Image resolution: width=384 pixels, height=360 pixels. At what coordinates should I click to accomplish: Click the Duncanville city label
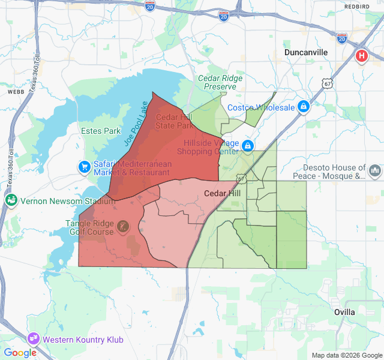pyautogui.click(x=306, y=52)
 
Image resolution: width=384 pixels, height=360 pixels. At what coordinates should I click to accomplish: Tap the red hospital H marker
pyautogui.click(x=362, y=56)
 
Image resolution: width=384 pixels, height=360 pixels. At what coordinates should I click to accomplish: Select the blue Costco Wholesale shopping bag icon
pyautogui.click(x=304, y=107)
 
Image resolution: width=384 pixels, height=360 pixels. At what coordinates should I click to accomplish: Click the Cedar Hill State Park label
pyautogui.click(x=175, y=122)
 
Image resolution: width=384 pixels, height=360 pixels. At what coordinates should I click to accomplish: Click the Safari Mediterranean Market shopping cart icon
pyautogui.click(x=84, y=166)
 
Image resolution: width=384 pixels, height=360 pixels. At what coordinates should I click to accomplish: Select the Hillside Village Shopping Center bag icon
pyautogui.click(x=247, y=146)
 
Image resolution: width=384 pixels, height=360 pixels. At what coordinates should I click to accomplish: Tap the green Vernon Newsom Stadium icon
pyautogui.click(x=11, y=200)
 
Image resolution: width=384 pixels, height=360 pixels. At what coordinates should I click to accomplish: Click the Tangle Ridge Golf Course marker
pyautogui.click(x=122, y=227)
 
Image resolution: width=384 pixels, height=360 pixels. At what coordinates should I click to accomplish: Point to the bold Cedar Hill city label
pyautogui.click(x=223, y=194)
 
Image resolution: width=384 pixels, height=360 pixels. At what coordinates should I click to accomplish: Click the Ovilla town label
pyautogui.click(x=344, y=312)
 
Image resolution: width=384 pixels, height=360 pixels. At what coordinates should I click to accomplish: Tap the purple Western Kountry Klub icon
pyautogui.click(x=32, y=338)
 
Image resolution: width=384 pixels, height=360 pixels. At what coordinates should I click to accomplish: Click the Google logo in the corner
pyautogui.click(x=20, y=353)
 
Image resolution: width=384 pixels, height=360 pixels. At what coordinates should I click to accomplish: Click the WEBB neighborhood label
pyautogui.click(x=15, y=93)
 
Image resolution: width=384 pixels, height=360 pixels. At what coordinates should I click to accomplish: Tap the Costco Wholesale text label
pyautogui.click(x=261, y=107)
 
